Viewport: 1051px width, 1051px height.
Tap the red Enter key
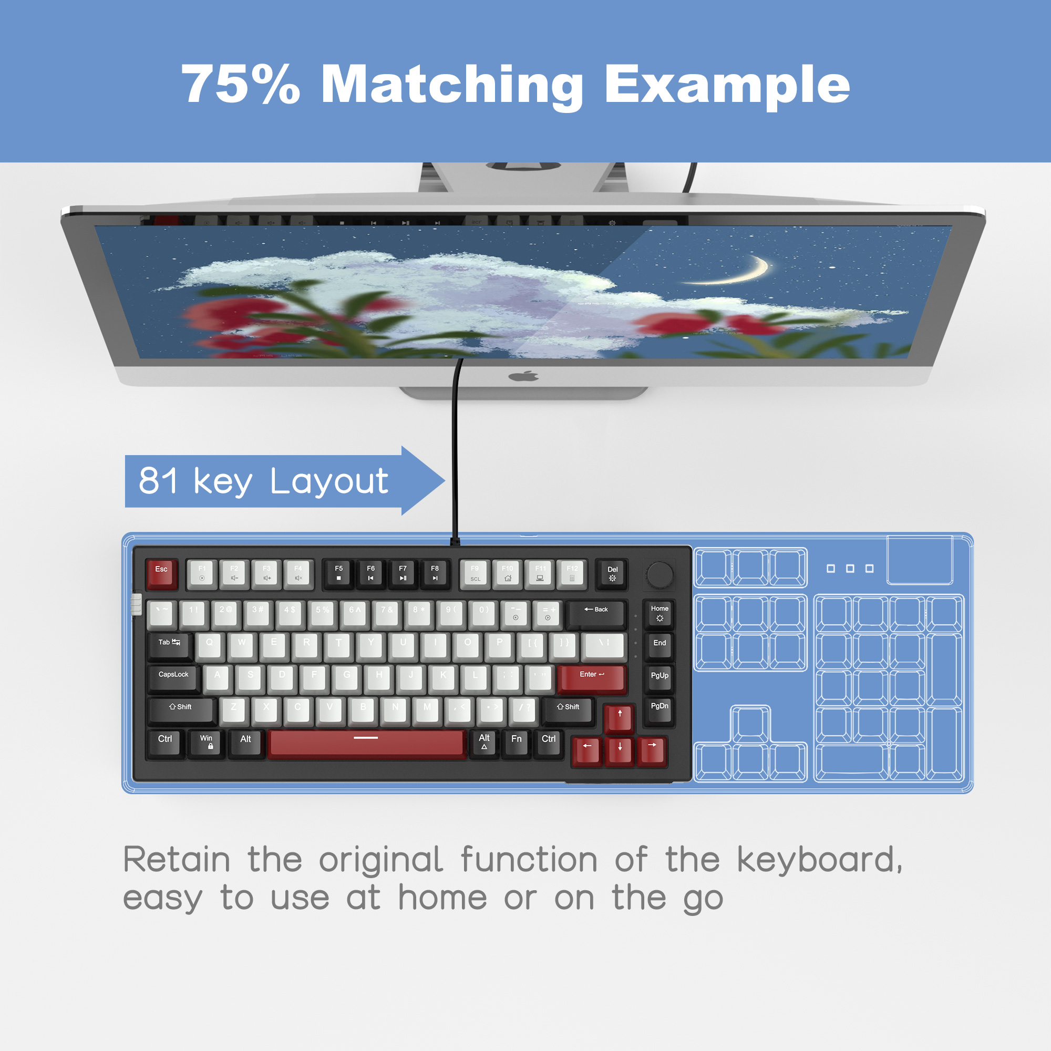(591, 678)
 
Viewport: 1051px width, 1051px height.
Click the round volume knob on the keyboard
(660, 574)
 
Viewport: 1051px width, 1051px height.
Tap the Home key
(660, 614)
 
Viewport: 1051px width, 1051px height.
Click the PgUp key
(660, 677)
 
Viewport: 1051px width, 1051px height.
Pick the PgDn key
(660, 709)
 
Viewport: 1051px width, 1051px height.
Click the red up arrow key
(620, 717)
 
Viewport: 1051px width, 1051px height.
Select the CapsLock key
(174, 677)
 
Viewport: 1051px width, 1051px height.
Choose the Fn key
(516, 742)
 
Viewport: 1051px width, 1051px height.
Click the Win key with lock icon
(206, 743)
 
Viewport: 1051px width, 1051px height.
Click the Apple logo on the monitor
(523, 376)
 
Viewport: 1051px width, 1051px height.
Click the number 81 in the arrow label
(158, 481)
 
